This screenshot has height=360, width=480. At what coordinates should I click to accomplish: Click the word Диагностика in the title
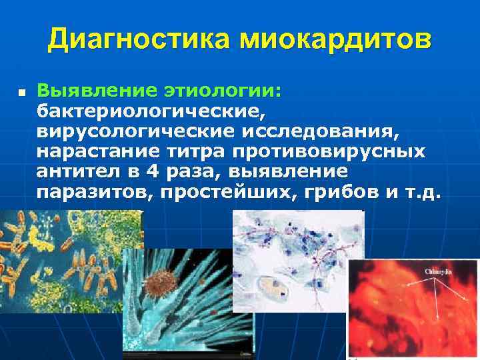[140, 41]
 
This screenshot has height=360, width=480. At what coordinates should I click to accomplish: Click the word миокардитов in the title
[335, 41]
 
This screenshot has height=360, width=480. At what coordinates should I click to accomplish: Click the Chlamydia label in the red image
[438, 272]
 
